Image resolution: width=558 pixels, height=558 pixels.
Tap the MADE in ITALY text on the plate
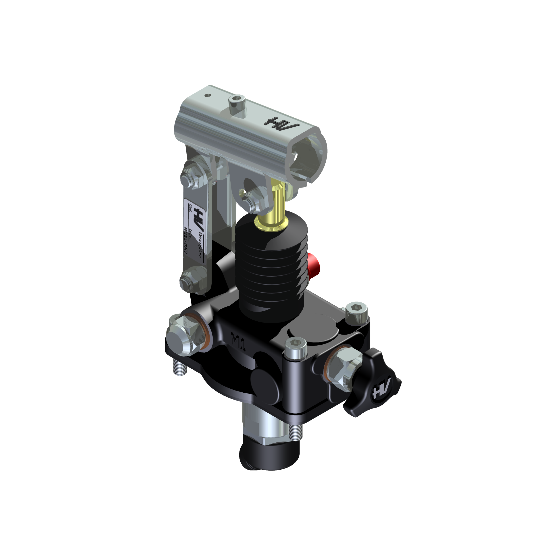185,239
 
